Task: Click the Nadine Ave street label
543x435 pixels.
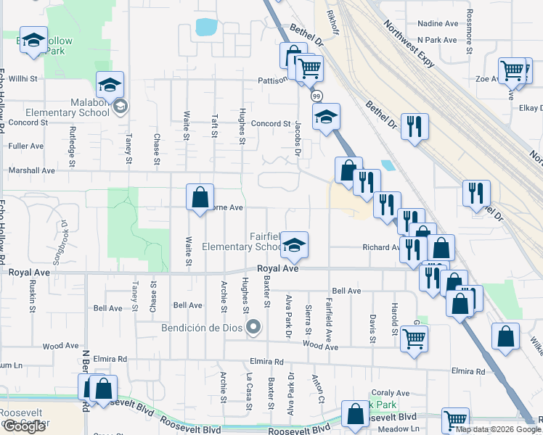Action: pyautogui.click(x=438, y=23)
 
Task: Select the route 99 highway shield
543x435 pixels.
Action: pyautogui.click(x=316, y=96)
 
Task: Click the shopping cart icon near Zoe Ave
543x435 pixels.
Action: pyautogui.click(x=513, y=70)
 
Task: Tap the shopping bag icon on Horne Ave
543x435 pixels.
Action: pyautogui.click(x=200, y=196)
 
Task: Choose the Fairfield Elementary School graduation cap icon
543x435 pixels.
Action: pyautogui.click(x=294, y=245)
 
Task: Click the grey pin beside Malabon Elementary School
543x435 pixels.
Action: pyautogui.click(x=120, y=107)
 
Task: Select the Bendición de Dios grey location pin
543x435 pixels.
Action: pyautogui.click(x=253, y=328)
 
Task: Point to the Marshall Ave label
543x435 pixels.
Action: pyautogui.click(x=32, y=170)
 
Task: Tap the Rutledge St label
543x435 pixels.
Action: pyautogui.click(x=72, y=141)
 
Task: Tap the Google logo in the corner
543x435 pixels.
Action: pyautogui.click(x=25, y=426)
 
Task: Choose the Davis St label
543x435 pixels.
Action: pyautogui.click(x=372, y=328)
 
